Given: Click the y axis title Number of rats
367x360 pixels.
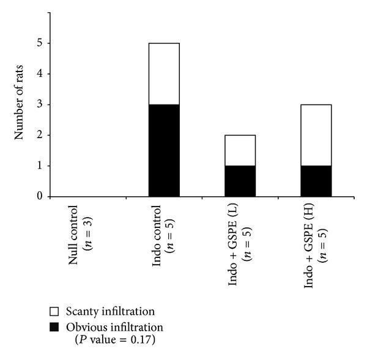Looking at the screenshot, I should (x=19, y=104).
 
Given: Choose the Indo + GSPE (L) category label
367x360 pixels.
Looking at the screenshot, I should (x=233, y=238).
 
